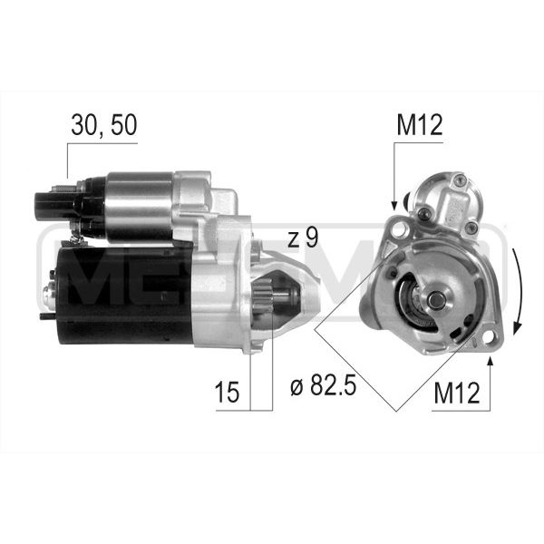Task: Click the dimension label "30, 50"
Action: coord(104,125)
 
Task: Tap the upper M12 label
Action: coord(420,125)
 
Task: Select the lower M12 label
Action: coord(457,393)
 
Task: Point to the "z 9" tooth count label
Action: coord(303,238)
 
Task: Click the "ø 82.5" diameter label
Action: coord(323,385)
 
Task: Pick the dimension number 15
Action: coord(227,393)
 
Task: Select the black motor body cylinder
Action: coord(125,296)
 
